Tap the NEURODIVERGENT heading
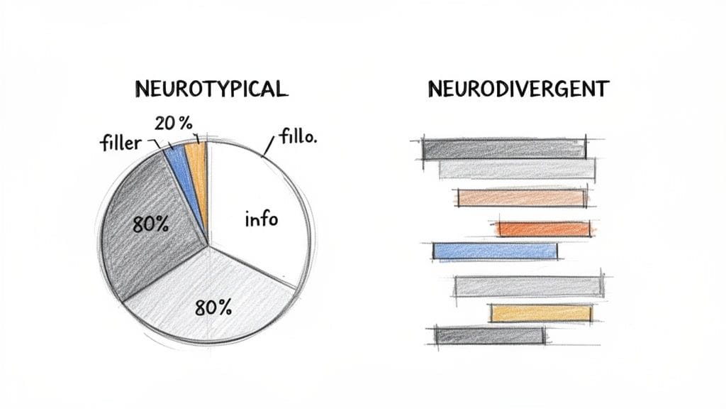518,89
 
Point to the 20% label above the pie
174,123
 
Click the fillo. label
298,136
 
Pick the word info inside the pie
261,219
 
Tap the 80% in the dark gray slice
150,226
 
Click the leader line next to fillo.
268,146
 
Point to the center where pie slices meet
209,247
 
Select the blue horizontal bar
495,251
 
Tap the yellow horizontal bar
541,313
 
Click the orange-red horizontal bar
544,229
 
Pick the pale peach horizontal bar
523,198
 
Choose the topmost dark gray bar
504,148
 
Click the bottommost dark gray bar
490,335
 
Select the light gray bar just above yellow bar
529,286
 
